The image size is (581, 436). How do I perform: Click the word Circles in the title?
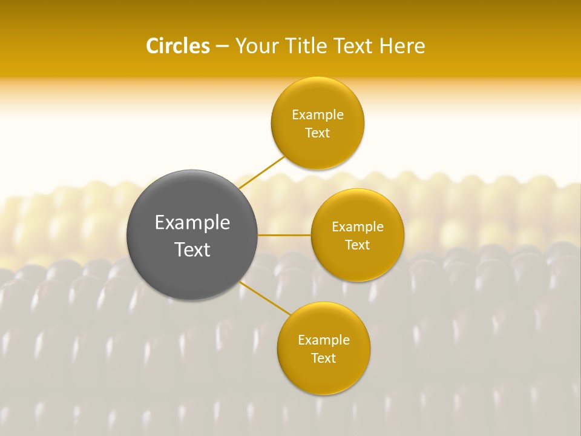[177, 46]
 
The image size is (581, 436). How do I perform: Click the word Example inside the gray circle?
[192, 223]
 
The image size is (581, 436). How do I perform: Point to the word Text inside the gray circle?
[192, 249]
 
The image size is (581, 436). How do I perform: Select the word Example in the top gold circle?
[318, 115]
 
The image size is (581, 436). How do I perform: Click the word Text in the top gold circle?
[317, 133]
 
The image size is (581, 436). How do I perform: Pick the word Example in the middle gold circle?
[358, 227]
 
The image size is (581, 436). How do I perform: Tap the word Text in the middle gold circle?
[357, 245]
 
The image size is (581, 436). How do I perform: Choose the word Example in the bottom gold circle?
[324, 340]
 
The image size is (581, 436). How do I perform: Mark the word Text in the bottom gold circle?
[323, 358]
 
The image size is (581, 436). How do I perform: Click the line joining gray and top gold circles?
[261, 172]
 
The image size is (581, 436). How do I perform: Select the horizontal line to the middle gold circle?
[284, 235]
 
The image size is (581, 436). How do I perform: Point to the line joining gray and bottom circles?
[265, 298]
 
